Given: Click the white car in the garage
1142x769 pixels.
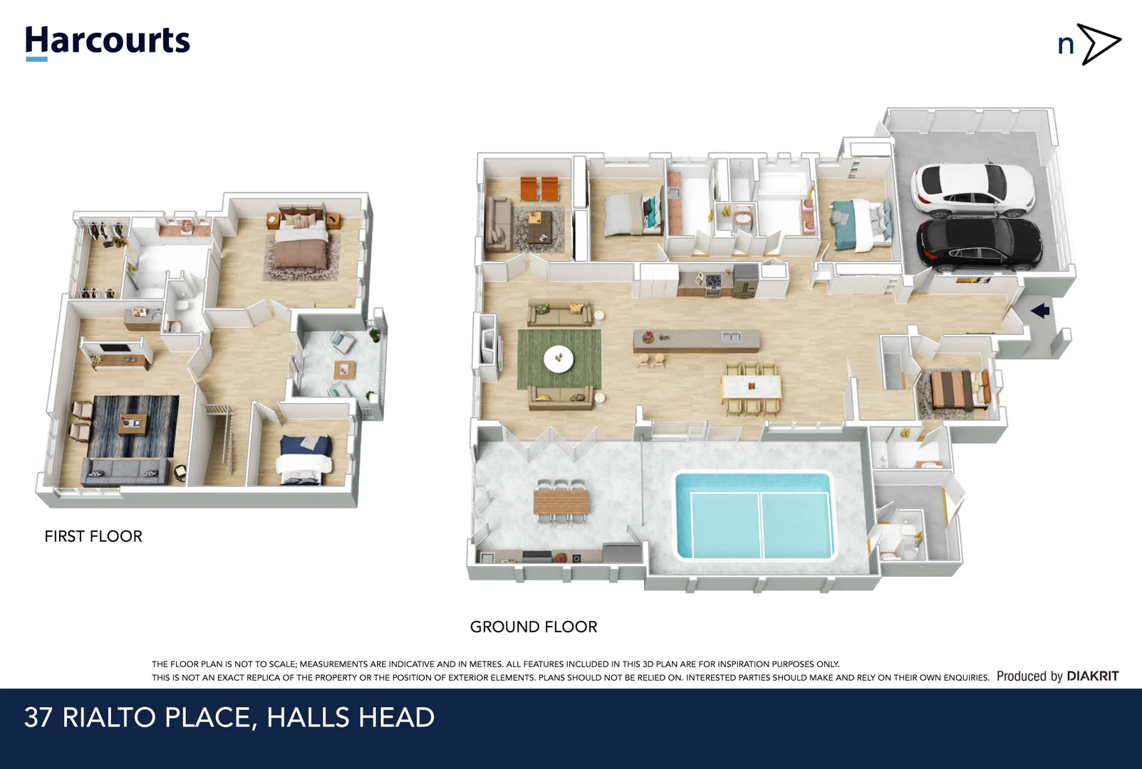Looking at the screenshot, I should click(972, 190).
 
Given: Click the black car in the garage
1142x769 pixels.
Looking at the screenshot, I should click(980, 244).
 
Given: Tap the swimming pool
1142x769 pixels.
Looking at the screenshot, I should click(754, 516).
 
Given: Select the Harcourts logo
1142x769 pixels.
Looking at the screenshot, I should click(108, 41).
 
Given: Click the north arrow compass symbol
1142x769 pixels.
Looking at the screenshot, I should click(1090, 44).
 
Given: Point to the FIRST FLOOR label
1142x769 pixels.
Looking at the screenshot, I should click(93, 536).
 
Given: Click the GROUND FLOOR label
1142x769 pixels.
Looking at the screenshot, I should click(534, 627).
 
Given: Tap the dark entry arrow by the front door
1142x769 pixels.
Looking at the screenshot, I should click(1040, 310).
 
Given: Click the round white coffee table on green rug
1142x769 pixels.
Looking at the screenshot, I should click(559, 358).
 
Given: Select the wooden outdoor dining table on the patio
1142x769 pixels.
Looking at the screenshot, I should click(561, 502).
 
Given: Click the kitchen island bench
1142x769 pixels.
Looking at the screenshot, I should click(696, 340).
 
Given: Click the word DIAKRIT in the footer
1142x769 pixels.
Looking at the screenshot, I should click(1092, 676).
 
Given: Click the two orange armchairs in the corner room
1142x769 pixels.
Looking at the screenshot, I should click(539, 189).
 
